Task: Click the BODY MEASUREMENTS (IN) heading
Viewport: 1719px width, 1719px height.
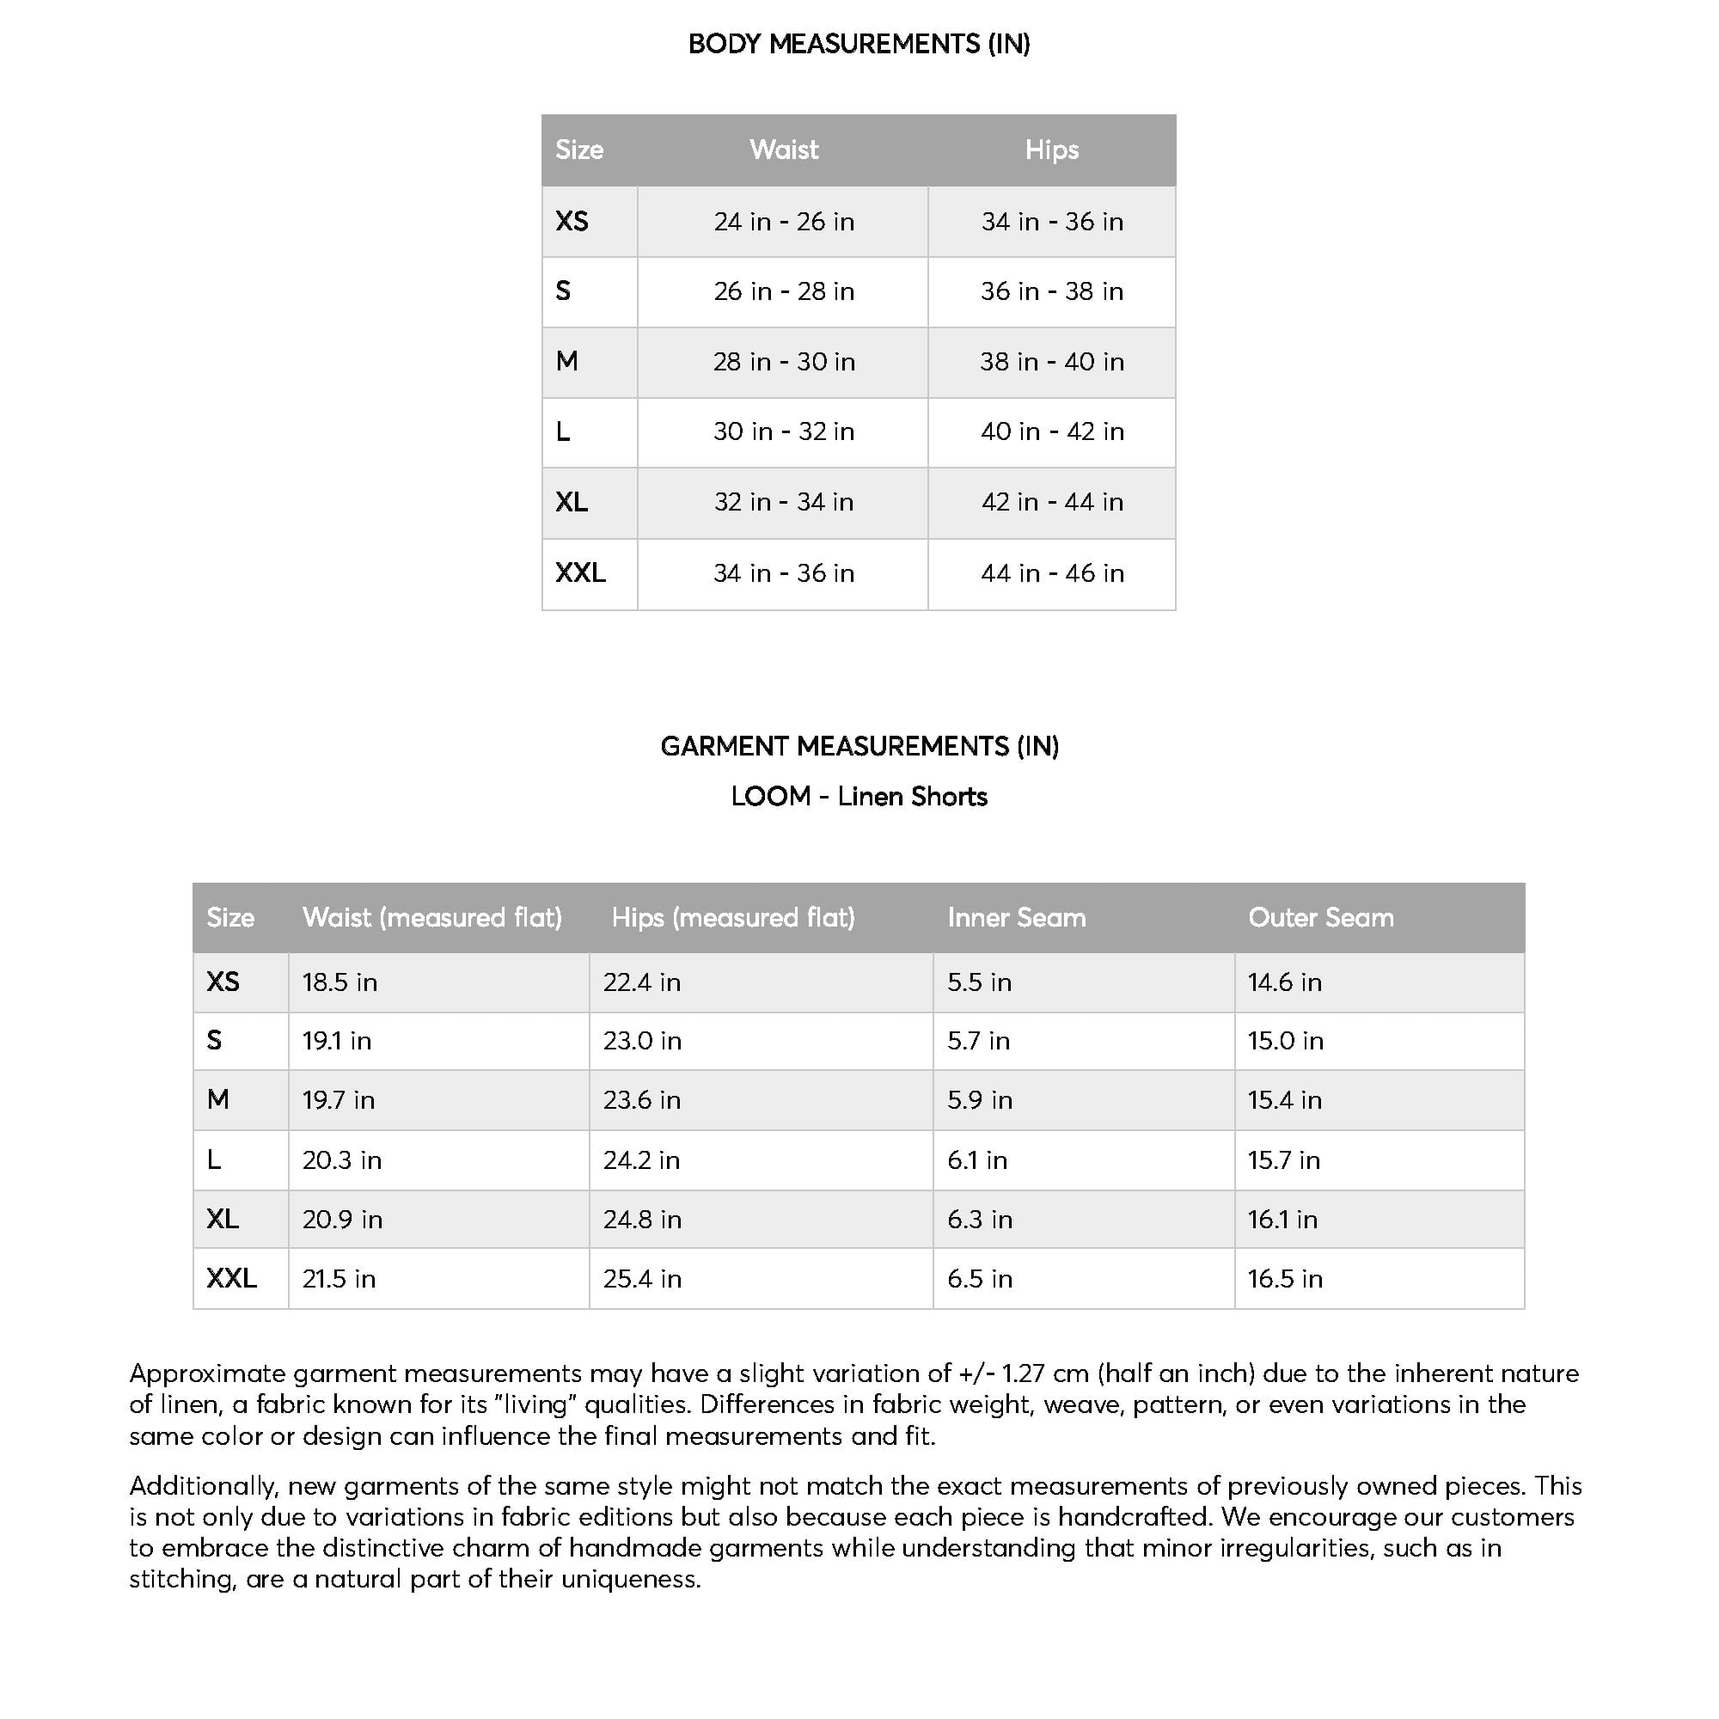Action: point(859,44)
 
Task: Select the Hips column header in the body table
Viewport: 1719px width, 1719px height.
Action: point(1052,150)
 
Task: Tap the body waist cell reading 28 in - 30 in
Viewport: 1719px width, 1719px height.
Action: point(783,361)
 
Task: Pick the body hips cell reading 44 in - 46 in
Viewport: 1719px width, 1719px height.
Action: point(1052,573)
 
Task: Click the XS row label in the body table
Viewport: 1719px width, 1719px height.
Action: point(572,221)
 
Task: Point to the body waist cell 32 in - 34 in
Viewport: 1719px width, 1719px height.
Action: point(783,502)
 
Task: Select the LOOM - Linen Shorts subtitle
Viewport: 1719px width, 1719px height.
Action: point(859,797)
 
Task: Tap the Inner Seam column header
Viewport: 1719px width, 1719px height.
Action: point(1016,917)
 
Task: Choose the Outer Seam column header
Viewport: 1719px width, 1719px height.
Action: point(1320,917)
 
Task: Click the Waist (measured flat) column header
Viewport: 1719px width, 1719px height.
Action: point(431,917)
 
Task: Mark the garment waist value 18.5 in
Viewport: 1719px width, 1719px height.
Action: point(340,982)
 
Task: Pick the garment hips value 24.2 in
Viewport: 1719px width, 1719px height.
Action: point(641,1160)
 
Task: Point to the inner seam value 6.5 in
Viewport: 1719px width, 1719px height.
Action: point(980,1279)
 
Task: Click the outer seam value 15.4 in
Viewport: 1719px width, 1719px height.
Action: point(1284,1100)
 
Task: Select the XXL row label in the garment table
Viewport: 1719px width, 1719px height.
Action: point(231,1279)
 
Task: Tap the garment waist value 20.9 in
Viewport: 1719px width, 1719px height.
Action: point(343,1219)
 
